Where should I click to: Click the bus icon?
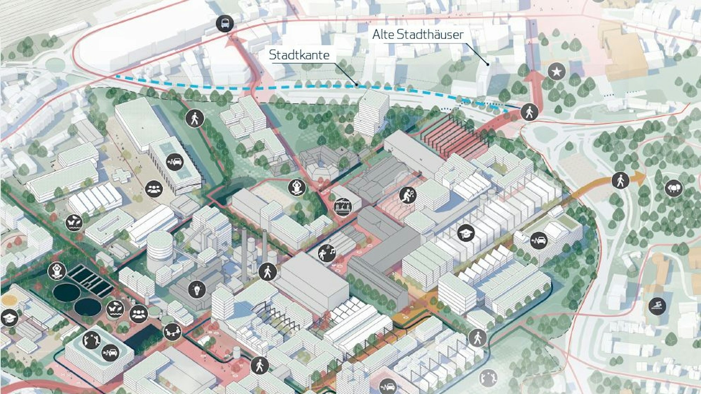pyautogui.click(x=225, y=24)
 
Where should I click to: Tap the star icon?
pyautogui.click(x=556, y=71)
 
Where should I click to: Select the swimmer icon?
pyautogui.click(x=657, y=306)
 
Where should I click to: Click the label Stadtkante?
pyautogui.click(x=299, y=55)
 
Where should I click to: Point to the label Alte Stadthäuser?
pyautogui.click(x=417, y=34)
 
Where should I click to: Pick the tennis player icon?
pyautogui.click(x=408, y=195)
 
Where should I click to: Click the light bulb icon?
pyautogui.click(x=197, y=289)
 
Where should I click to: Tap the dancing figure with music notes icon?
pyautogui.click(x=326, y=253)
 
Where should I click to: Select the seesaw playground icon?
pyautogui.click(x=172, y=330)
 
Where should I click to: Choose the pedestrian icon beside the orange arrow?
pyautogui.click(x=620, y=181)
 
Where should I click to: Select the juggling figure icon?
pyautogui.click(x=92, y=340)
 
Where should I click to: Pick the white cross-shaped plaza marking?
pyautogui.click(x=121, y=176)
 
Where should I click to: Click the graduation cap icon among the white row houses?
pyautogui.click(x=466, y=233)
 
